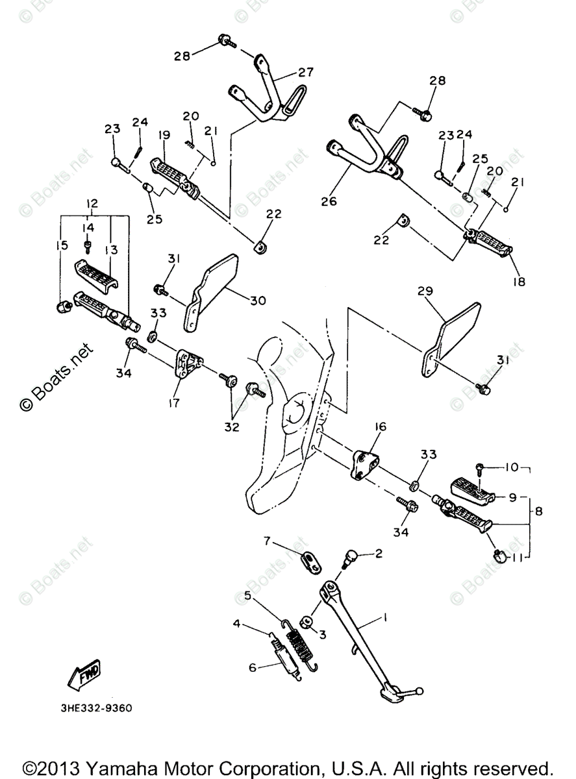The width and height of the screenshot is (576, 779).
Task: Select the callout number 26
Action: pyautogui.click(x=329, y=201)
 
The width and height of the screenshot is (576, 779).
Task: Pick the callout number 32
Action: pyautogui.click(x=232, y=427)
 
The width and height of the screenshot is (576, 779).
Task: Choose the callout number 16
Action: pyautogui.click(x=380, y=427)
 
